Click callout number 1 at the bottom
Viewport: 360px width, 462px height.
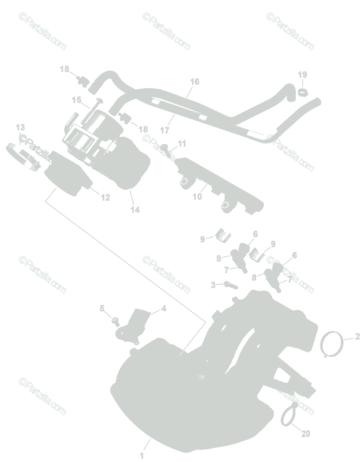point(142,456)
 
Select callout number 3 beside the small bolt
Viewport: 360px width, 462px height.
point(213,285)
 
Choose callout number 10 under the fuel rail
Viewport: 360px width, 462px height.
point(197,197)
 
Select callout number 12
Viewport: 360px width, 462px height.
point(105,198)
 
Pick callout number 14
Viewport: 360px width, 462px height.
point(135,210)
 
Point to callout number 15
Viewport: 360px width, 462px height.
point(77,100)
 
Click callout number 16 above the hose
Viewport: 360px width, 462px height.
point(195,82)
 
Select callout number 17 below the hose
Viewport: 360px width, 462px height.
point(165,131)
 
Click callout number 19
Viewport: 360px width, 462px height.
point(302,74)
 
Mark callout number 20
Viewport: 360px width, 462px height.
point(305,434)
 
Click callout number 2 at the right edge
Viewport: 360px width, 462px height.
point(357,337)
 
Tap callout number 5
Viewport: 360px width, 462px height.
point(102,308)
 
